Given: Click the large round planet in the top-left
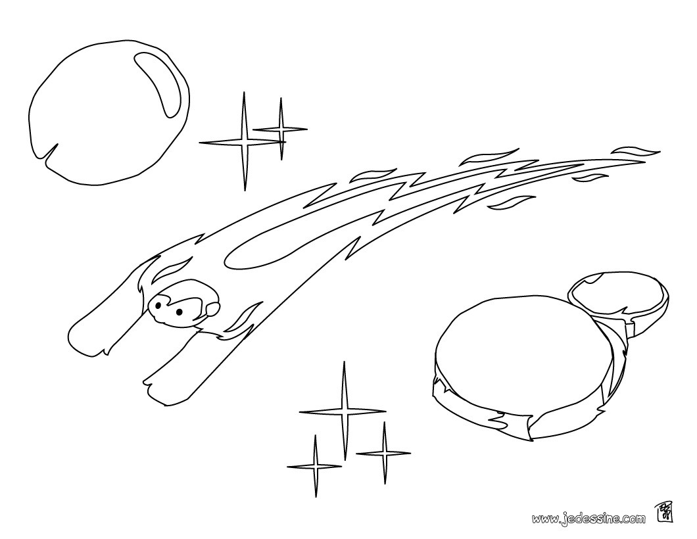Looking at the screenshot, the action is [x=109, y=111].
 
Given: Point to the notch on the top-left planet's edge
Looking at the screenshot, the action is [x=50, y=151].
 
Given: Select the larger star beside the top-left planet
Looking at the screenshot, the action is [x=243, y=142].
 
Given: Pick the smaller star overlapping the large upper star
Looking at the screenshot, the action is [x=281, y=129].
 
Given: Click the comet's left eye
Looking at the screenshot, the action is [x=158, y=305].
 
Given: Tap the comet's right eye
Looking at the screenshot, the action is [x=179, y=312].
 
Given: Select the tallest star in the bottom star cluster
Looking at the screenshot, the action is [x=343, y=411].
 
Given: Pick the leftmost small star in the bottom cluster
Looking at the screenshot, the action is [x=315, y=466].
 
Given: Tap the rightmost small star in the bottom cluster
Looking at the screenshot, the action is [x=383, y=453].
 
